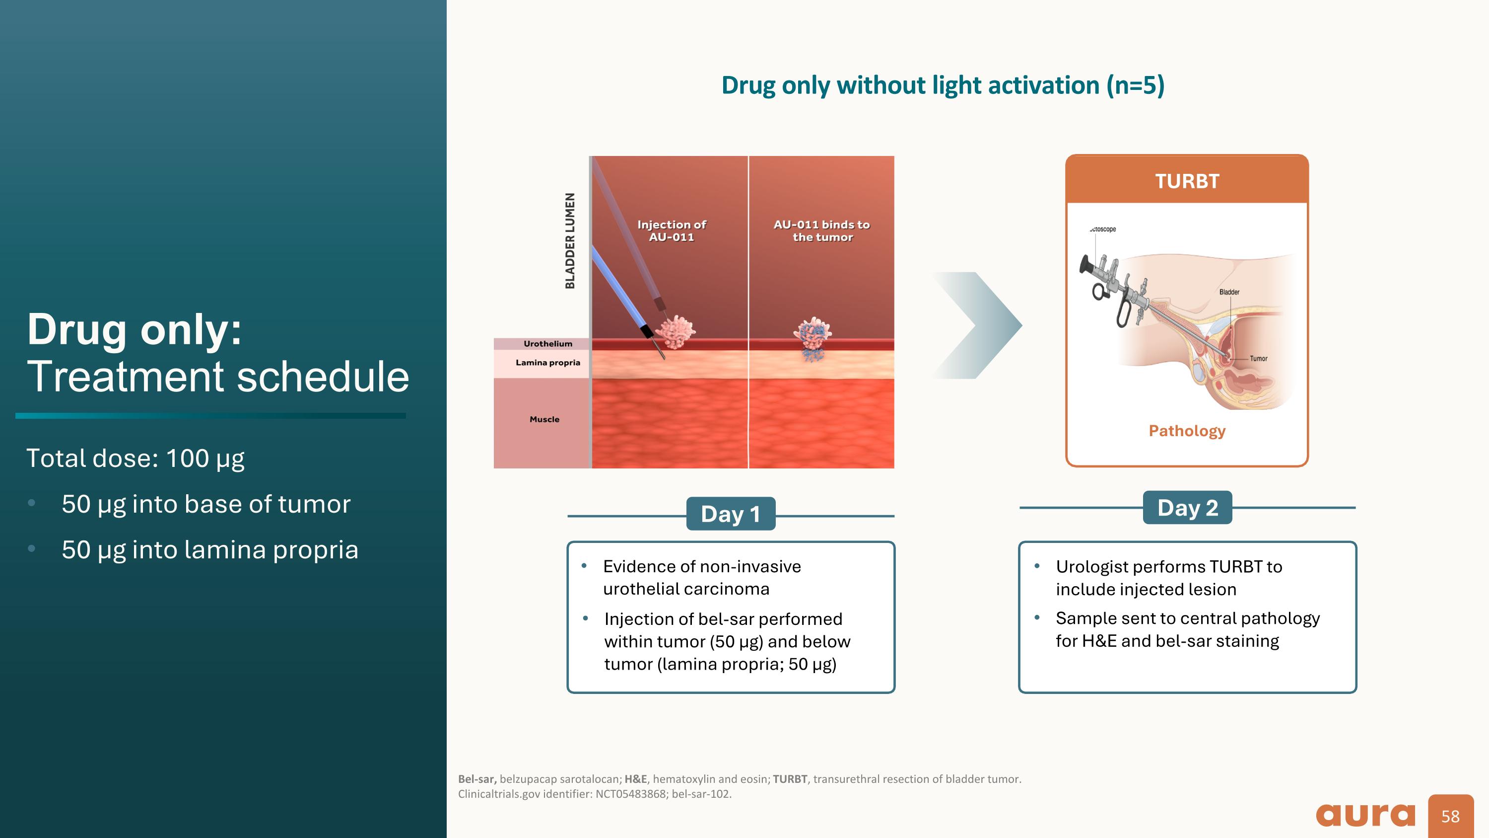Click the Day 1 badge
[730, 514]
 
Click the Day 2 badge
[1187, 507]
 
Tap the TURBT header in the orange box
[1187, 181]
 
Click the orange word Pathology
[1187, 431]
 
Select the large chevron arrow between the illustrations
[978, 325]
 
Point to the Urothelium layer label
[547, 344]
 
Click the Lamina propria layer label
[547, 363]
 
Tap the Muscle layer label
[544, 419]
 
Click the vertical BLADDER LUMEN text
[570, 240]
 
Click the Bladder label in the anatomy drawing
[1229, 292]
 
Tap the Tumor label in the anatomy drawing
[1258, 359]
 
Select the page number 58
[1450, 816]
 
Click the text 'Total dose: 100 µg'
[135, 458]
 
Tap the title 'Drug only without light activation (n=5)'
[942, 85]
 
